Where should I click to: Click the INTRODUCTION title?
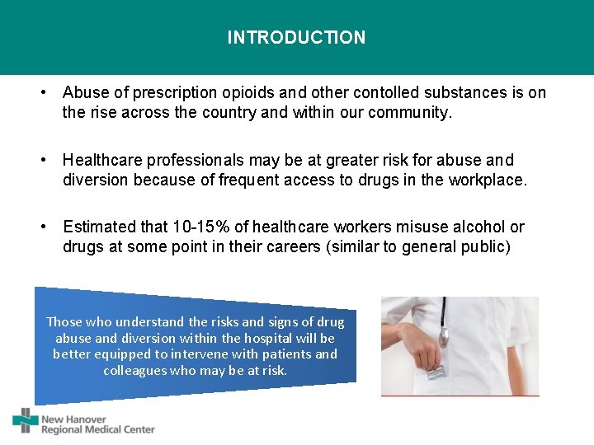(296, 38)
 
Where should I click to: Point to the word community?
(410, 113)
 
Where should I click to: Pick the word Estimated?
(97, 227)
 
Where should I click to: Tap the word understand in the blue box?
(150, 322)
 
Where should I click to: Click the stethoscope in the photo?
(444, 321)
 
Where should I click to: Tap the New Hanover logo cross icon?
(26, 420)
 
